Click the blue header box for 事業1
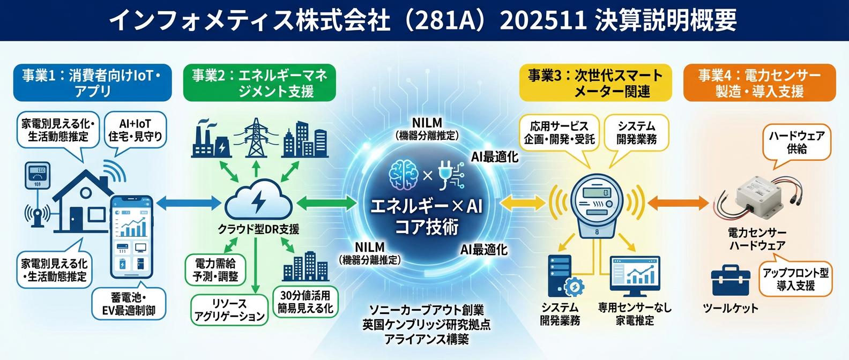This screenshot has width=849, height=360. point(93,82)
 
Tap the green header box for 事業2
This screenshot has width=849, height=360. point(259,82)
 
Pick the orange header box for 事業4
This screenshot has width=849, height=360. point(759,82)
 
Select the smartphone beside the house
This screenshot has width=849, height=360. point(131,237)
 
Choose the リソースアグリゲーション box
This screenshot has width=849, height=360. point(229,310)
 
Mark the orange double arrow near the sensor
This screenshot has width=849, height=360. point(677,204)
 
